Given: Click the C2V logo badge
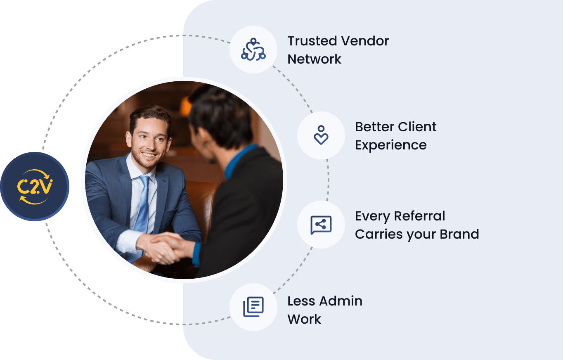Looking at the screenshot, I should [35, 187].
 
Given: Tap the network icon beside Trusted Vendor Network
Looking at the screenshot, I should [253, 50].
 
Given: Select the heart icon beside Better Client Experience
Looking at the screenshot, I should [321, 135].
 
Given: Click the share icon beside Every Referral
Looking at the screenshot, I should [321, 225].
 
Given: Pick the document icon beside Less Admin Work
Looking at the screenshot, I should [253, 307].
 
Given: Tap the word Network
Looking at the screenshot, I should [314, 59].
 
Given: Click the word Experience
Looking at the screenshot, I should [390, 145].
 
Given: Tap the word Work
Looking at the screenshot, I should [304, 319].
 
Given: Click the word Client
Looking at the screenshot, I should [417, 127].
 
